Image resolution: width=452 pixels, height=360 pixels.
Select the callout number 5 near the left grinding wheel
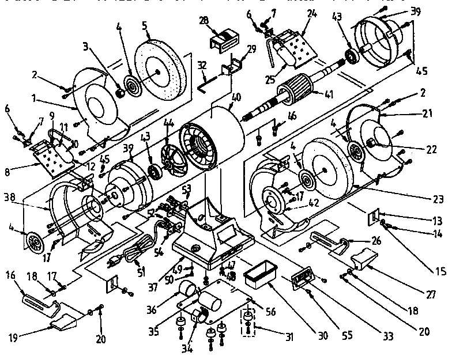[x=145, y=25]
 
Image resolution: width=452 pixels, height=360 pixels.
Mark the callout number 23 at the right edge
[x=439, y=199]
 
